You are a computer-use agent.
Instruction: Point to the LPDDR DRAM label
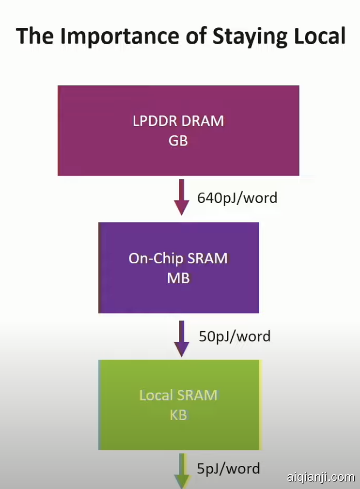[x=178, y=121]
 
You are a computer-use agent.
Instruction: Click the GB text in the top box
[x=178, y=141]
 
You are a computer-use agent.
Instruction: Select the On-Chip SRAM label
[x=178, y=258]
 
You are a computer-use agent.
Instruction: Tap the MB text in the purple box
[x=178, y=279]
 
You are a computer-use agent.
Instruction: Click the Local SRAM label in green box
[x=178, y=395]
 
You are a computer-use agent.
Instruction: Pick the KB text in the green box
[x=178, y=416]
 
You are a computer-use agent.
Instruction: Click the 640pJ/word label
[x=237, y=198]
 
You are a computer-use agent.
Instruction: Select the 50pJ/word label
[x=234, y=337]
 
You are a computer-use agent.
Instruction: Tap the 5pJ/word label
[x=229, y=469]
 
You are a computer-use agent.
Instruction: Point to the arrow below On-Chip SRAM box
[x=182, y=337]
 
